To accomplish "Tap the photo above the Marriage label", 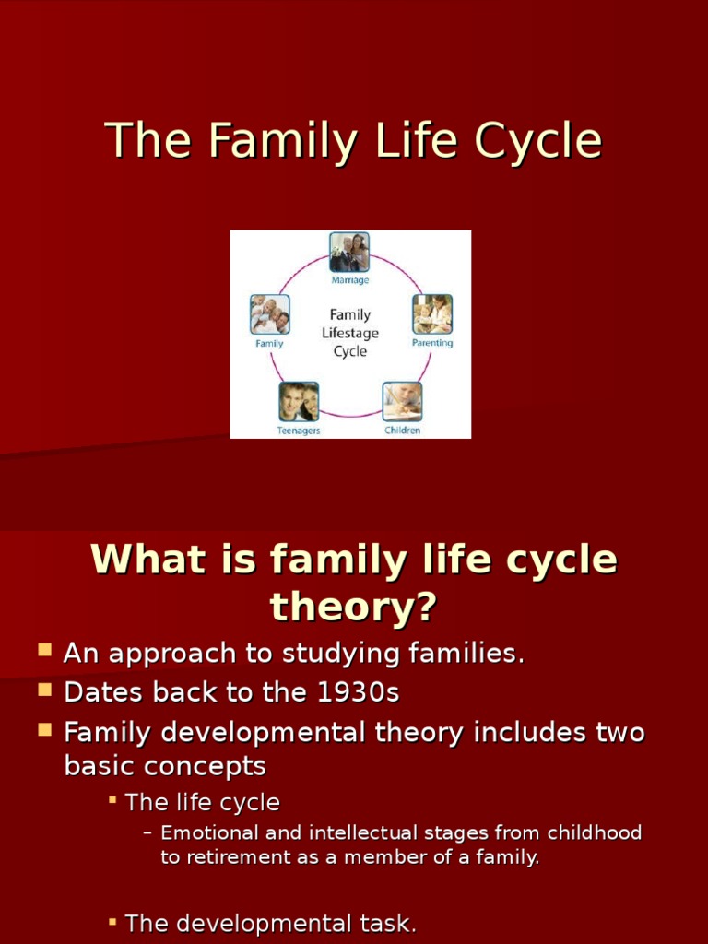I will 349,252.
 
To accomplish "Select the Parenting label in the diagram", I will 432,343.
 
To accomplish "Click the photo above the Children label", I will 402,401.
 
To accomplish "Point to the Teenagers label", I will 299,431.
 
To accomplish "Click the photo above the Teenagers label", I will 299,401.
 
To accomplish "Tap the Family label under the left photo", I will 269,343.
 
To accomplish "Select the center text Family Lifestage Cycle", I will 349,333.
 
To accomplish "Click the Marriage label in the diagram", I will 349,279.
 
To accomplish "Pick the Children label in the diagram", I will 402,430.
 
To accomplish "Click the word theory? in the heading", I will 353,608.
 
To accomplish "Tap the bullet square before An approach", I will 44,651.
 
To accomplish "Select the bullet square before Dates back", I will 44,690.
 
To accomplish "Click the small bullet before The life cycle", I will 112,799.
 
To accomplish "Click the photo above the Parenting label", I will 432,313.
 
